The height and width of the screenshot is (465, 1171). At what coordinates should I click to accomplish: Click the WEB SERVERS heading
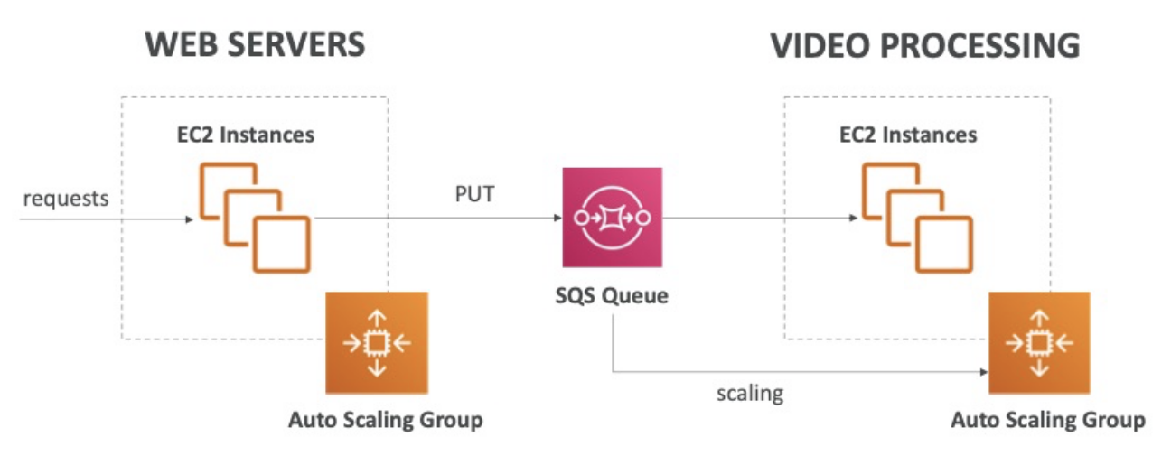(x=256, y=44)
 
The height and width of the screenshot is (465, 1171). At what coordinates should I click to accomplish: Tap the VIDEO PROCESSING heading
(x=924, y=45)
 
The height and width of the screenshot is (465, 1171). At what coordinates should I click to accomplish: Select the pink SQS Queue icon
(x=612, y=217)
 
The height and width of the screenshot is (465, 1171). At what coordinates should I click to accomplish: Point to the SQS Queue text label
(x=612, y=295)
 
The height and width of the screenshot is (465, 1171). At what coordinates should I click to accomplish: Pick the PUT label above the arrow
(x=474, y=193)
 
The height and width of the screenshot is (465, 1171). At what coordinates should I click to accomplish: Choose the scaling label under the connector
(x=750, y=394)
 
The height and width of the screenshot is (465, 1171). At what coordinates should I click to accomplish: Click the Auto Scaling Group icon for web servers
(x=377, y=342)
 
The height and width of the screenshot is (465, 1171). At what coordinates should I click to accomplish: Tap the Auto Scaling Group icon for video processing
(x=1039, y=342)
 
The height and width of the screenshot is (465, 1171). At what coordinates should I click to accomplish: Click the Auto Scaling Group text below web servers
(x=385, y=420)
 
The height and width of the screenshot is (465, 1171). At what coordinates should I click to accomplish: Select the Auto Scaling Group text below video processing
(x=1048, y=420)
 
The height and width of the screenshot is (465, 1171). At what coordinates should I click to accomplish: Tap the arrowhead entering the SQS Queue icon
(x=555, y=219)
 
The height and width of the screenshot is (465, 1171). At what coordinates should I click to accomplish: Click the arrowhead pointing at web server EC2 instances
(x=189, y=219)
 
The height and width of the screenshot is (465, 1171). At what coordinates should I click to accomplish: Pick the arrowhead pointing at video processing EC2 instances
(x=851, y=219)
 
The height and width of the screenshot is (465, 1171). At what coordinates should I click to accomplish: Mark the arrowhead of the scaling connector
(x=982, y=370)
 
